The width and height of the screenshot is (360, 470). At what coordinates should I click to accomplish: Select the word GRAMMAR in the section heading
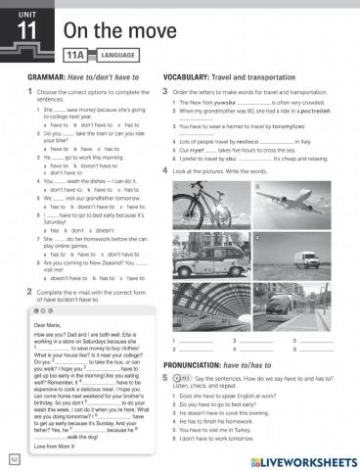point(47,76)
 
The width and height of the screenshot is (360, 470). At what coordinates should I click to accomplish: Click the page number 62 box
point(14,458)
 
